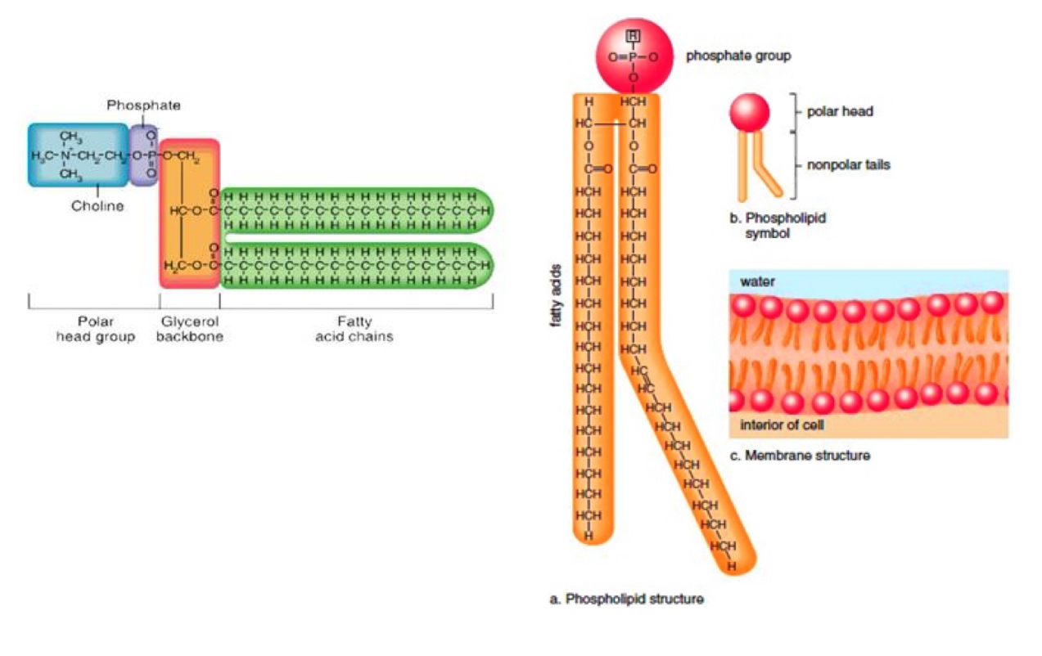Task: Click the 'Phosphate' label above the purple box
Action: click(143, 106)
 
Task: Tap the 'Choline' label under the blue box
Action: click(97, 206)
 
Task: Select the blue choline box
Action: click(79, 155)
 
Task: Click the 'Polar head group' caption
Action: click(95, 329)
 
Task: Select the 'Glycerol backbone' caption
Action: click(189, 329)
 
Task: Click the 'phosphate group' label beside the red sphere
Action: click(738, 56)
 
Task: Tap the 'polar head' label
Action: click(840, 111)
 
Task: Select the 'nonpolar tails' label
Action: click(848, 164)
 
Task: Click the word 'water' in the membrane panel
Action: click(757, 281)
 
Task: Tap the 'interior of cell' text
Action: click(782, 425)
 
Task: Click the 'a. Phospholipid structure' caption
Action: click(626, 600)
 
